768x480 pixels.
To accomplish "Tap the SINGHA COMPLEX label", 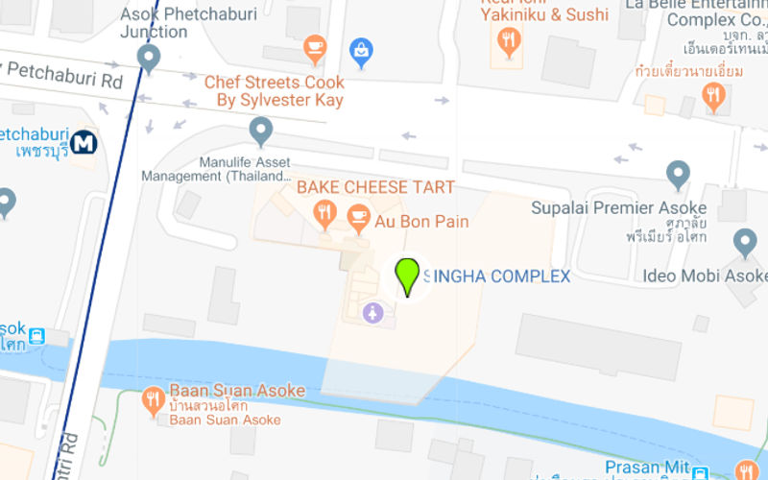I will coord(497,276).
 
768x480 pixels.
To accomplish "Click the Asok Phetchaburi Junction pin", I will coord(148,58).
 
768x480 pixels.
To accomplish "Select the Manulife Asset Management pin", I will coord(260,131).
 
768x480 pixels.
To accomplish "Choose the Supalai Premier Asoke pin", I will coord(679,175).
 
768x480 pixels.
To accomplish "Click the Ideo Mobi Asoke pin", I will coord(745,242).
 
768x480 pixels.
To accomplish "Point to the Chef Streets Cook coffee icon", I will coord(314,46).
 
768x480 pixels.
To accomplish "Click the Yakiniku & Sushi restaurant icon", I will coord(509,40).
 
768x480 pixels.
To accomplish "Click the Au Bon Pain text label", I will coord(421,222).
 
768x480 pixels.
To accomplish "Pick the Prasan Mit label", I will coord(645,468).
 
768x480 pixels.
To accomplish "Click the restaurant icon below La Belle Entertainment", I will coord(712,95).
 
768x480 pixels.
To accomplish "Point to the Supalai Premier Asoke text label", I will coord(618,208).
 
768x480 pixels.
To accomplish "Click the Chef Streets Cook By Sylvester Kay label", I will coord(274,91).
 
